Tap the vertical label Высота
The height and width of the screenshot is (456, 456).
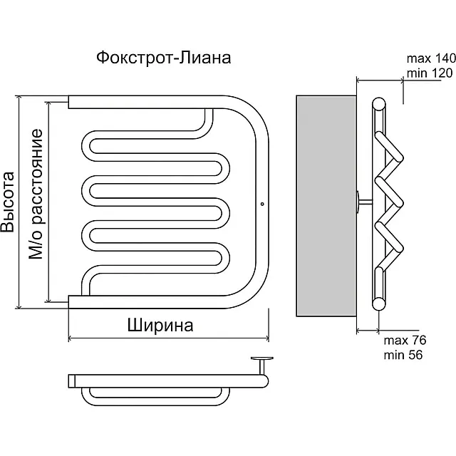[x=9, y=202]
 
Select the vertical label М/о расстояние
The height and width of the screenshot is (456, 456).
[x=36, y=195]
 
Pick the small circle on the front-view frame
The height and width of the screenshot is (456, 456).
[x=262, y=204]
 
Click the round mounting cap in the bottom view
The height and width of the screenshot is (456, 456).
[x=261, y=360]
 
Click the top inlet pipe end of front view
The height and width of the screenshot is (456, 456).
[x=70, y=103]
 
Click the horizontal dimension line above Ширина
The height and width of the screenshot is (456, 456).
[x=168, y=338]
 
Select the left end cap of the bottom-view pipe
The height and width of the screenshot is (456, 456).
[x=72, y=380]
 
